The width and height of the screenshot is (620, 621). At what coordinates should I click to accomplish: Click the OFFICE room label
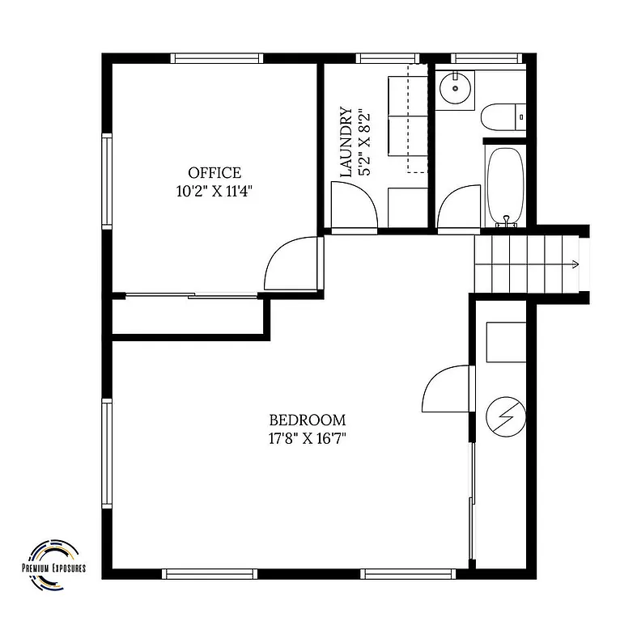point(214,172)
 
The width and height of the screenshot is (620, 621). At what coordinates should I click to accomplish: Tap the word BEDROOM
point(307,420)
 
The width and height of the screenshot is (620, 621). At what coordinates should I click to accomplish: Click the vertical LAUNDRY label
point(346,142)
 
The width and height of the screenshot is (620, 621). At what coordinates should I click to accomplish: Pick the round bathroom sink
point(456,88)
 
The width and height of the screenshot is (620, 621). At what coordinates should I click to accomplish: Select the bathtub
point(507,185)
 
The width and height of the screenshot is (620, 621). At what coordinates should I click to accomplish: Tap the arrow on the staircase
point(573,264)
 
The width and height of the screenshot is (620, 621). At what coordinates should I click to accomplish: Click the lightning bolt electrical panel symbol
point(505,417)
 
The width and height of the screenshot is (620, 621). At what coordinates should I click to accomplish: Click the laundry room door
point(354,206)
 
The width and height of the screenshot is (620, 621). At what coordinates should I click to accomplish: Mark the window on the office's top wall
point(217,58)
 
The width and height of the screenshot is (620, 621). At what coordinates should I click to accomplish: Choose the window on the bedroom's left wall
point(106,453)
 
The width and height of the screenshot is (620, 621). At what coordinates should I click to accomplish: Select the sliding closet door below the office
point(190,296)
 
